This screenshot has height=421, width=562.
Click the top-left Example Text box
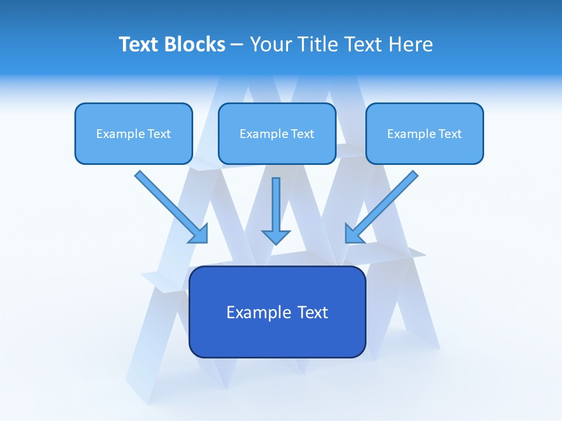point(133,133)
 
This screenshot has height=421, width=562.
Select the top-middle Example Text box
point(277,133)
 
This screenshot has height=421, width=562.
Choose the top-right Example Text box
point(424,133)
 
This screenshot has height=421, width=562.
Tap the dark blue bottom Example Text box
point(277,312)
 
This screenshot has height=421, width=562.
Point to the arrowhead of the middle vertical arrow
point(276,237)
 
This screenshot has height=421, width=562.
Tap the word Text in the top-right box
point(449,134)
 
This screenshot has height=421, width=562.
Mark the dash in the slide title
point(238,45)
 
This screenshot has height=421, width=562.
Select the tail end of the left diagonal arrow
point(139,175)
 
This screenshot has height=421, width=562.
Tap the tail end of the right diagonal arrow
point(414,175)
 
